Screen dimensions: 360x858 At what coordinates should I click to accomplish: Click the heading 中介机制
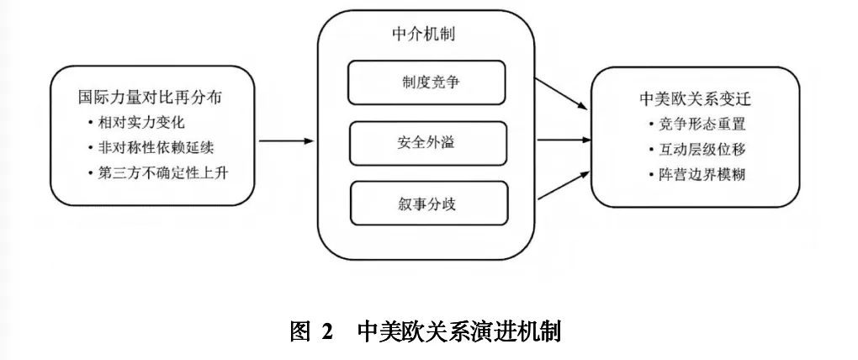[x=427, y=35]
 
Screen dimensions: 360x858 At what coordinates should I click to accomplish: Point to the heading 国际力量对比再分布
[x=150, y=98]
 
